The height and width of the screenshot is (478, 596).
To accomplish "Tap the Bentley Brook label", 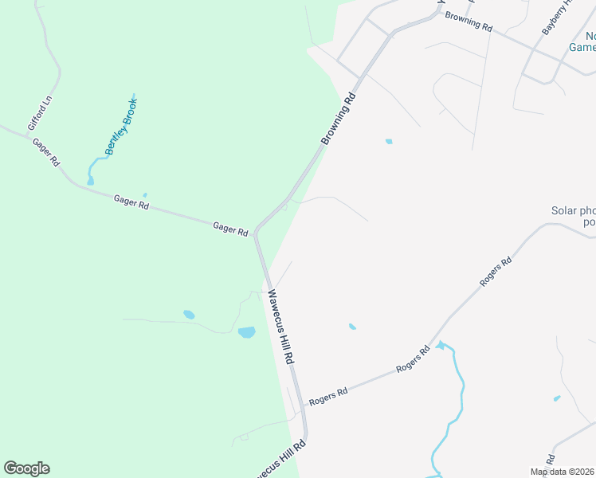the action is pos(120,127).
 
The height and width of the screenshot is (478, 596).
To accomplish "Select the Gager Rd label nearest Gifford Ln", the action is pos(45,151).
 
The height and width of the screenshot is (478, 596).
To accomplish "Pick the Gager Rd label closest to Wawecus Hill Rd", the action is pos(230,229).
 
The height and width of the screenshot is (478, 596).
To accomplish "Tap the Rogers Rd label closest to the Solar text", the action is pos(495,272).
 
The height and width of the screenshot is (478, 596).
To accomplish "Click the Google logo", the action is pos(26,468).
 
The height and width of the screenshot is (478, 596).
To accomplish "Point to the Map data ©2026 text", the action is pos(562,472).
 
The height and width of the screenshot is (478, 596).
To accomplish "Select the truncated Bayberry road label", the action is pos(557,16).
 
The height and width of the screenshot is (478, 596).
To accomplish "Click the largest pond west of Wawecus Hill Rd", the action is pos(246,332).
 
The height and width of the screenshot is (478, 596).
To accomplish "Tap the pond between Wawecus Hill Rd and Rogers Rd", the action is pos(352,326).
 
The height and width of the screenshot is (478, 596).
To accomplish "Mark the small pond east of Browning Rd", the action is pos(389,142).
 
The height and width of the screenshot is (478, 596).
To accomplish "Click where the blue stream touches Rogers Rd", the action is pos(435,347).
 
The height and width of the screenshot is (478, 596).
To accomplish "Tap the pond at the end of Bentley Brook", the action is pos(91,180).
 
